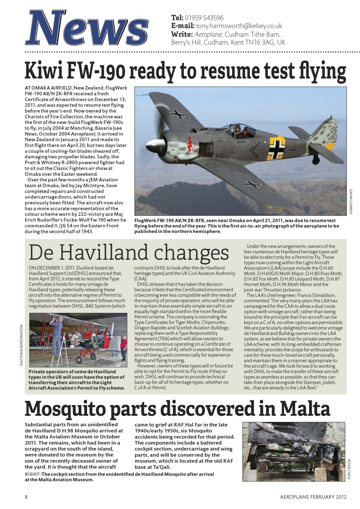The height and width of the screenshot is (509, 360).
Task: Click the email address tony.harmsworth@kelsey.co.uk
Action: (239, 26)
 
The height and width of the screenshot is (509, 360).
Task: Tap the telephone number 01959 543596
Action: (204, 17)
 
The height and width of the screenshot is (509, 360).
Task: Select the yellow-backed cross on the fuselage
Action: (276, 148)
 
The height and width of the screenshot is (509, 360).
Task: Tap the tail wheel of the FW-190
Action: (316, 160)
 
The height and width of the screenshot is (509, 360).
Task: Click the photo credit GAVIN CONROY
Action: (351, 201)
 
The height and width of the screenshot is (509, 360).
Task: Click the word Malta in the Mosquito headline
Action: (304, 409)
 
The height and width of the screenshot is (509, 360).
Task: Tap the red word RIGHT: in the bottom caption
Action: (32, 474)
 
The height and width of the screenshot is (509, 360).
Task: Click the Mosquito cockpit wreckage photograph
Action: (293, 451)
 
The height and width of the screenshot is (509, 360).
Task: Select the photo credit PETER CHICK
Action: (349, 469)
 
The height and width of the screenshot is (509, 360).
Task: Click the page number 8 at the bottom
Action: (26, 497)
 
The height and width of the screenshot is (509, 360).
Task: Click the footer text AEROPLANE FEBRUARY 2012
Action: (313, 497)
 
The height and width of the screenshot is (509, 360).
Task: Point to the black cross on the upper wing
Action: (178, 114)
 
